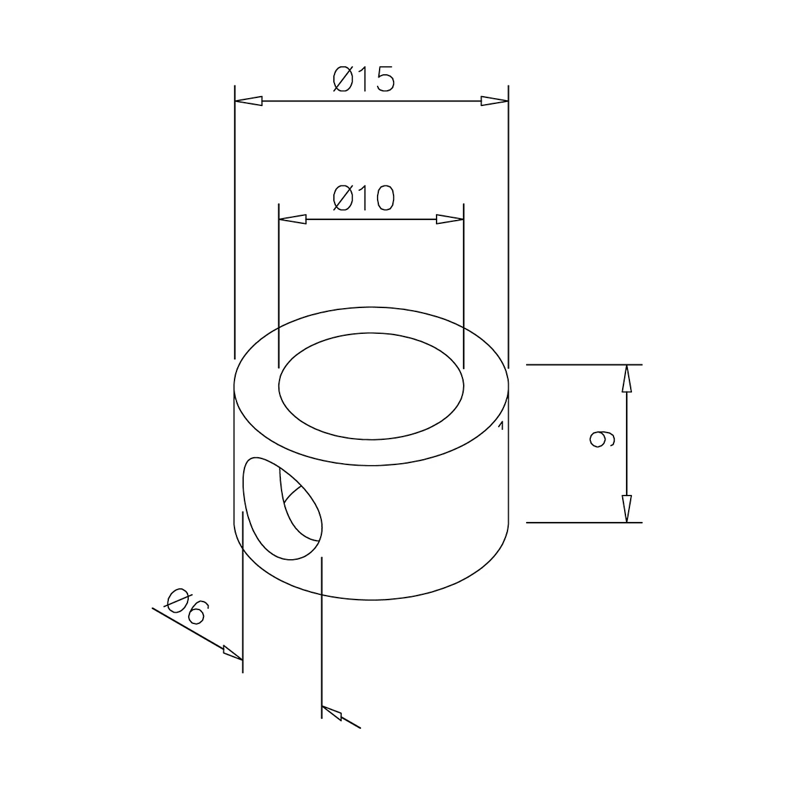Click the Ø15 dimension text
coord(364,79)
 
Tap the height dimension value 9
coord(602,439)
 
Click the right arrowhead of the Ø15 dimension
coord(494,101)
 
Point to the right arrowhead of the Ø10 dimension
coord(449,219)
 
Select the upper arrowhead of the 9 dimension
coord(627,379)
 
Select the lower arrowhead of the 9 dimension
coord(627,509)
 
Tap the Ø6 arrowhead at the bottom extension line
coord(332,714)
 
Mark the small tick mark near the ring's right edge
coord(502,425)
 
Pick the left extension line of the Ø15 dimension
coord(235,219)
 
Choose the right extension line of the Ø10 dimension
coord(463,285)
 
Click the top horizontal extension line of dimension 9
coord(583,364)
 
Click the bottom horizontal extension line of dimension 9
coord(583,523)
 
